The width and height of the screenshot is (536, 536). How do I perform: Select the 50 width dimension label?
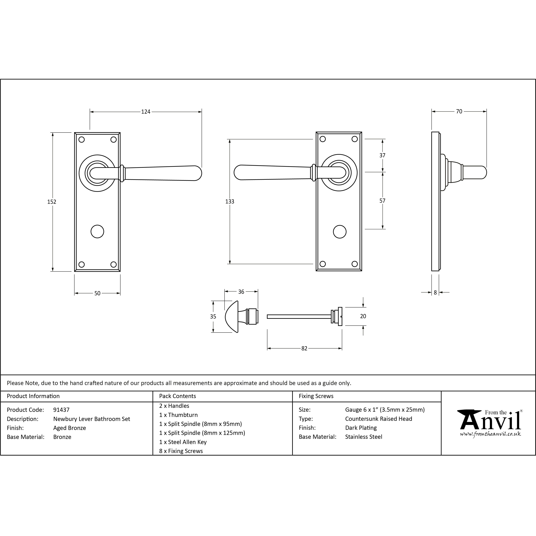point(97,293)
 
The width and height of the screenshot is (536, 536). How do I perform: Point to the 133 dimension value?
point(230,201)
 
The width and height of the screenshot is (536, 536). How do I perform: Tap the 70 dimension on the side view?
point(459,111)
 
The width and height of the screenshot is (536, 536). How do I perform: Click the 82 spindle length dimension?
point(304,349)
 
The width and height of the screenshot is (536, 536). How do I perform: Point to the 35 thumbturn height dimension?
point(213,317)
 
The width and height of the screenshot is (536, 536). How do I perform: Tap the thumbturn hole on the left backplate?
point(97,231)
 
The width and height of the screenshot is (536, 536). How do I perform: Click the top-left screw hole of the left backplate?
point(82,139)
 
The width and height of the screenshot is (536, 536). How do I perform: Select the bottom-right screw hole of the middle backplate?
point(355,264)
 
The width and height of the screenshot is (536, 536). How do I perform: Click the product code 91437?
point(61,410)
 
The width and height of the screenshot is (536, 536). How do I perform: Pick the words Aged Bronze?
point(70,428)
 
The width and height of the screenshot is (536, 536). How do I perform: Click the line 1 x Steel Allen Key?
point(183,442)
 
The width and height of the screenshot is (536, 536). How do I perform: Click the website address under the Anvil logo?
point(490,434)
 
